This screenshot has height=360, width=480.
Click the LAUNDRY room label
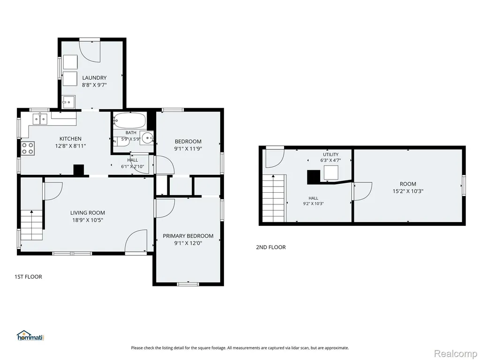(x=94, y=78)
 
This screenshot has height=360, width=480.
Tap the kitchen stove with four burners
(x=28, y=149)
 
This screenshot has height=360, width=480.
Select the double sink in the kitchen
(x=40, y=119)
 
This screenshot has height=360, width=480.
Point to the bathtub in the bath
(x=129, y=120)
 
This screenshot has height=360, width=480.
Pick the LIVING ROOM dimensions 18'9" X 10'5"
(x=88, y=220)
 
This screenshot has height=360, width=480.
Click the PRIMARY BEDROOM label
(x=188, y=236)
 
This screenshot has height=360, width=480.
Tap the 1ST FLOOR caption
(x=28, y=277)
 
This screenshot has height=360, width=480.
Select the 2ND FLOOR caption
(x=270, y=247)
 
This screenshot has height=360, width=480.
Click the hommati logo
(x=30, y=336)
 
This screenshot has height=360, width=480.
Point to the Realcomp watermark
(x=456, y=353)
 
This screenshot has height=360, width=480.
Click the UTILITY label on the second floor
(x=330, y=155)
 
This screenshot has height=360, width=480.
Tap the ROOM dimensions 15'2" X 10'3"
(x=408, y=191)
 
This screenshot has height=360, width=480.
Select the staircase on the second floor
(x=274, y=198)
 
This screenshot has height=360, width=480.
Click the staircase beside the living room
(x=31, y=225)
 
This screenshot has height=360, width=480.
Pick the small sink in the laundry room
(x=68, y=102)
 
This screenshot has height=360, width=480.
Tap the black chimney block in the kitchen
(x=79, y=170)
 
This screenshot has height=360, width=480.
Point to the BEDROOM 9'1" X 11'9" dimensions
(x=188, y=149)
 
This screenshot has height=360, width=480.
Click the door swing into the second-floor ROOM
(x=363, y=191)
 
